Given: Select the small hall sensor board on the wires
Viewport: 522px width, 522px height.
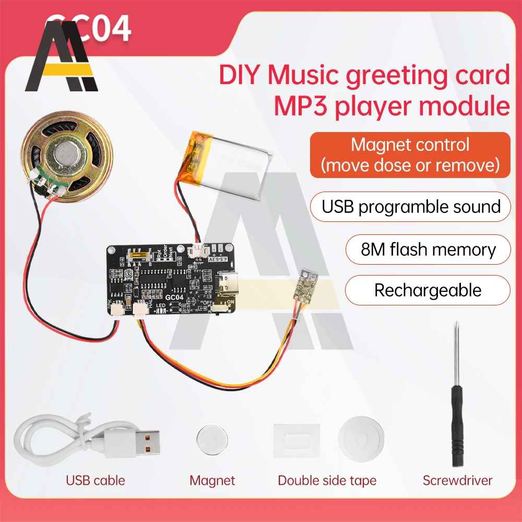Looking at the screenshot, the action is [x=306, y=287].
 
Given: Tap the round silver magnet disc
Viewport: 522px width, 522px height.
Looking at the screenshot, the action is [x=212, y=440].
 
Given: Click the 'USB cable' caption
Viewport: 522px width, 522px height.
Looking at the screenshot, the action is [x=96, y=480].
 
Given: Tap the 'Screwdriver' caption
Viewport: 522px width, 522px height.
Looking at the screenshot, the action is [x=458, y=480].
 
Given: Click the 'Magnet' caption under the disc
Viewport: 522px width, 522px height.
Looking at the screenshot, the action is [x=212, y=480].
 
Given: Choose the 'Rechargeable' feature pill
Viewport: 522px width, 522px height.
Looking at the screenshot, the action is [x=428, y=290].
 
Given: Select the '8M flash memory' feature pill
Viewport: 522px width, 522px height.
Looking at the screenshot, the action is [x=428, y=250].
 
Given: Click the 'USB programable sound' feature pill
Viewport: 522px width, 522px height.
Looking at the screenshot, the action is [x=411, y=206].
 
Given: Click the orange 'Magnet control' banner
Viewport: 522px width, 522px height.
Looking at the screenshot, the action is [x=410, y=155].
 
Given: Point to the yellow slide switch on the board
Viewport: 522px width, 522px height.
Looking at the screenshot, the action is [x=140, y=256].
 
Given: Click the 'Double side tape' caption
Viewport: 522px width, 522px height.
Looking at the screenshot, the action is [x=327, y=480].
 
